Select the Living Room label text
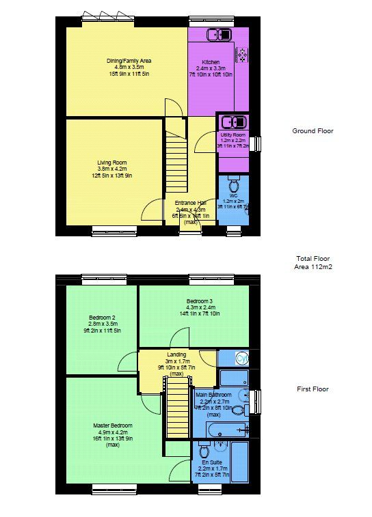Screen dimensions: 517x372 click(x=111, y=163)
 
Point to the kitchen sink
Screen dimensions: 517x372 click(x=221, y=35)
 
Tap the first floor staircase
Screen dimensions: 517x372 click(x=178, y=409)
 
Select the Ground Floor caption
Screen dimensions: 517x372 click(x=313, y=131)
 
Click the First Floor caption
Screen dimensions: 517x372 click(x=313, y=389)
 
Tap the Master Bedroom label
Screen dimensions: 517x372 click(x=113, y=425)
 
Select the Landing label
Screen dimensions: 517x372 click(x=176, y=354)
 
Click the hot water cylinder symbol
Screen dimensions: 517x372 click(x=241, y=358)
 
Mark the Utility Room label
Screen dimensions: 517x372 click(x=232, y=135)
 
